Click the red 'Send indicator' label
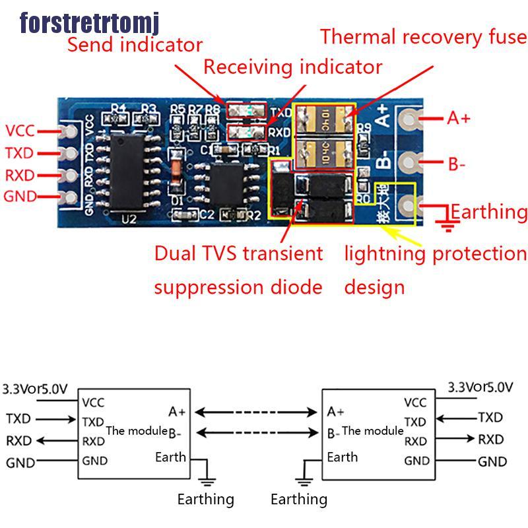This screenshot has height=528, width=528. click(135, 45)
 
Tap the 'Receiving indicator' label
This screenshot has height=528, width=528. click(292, 67)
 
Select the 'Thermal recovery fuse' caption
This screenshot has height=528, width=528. click(424, 36)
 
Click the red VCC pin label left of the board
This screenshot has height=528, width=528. click(20, 131)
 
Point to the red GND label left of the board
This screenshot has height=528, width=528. click(20, 196)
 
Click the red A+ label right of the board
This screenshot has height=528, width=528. click(459, 118)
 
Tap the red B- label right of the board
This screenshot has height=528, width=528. click(457, 164)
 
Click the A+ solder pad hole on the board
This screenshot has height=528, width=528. click(410, 119)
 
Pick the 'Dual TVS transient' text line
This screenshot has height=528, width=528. click(238, 253)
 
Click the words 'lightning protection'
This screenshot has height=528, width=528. click(436, 253)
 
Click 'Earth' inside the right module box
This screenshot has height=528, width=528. click(343, 457)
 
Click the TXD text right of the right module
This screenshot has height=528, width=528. click(490, 417)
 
